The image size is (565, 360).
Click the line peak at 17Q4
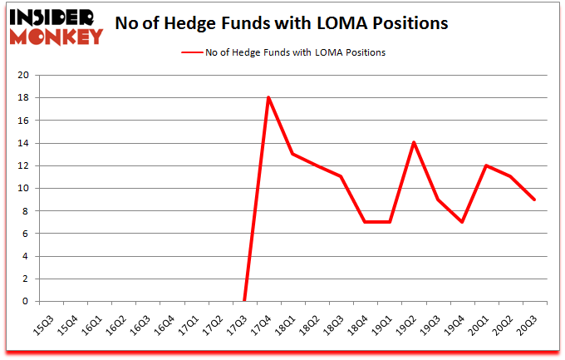[x=268, y=97]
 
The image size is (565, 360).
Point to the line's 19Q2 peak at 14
[x=413, y=143]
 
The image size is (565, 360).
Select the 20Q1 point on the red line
[x=485, y=165]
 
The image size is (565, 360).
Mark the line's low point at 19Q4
[x=461, y=222]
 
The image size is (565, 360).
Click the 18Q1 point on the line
[x=292, y=154]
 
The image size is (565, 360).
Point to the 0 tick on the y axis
[x=27, y=302]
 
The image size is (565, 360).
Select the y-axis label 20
[x=23, y=76]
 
